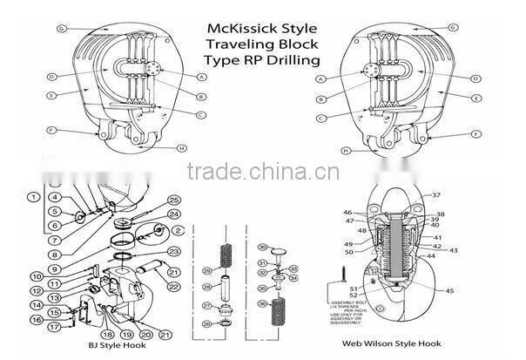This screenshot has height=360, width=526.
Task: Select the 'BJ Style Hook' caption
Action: click(x=103, y=346)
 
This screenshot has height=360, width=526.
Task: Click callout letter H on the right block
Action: click(x=347, y=149)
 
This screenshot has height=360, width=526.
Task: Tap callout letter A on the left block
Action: click(x=202, y=77)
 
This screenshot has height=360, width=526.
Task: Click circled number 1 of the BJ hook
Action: click(x=32, y=198)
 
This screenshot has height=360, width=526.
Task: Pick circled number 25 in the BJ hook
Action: click(x=173, y=200)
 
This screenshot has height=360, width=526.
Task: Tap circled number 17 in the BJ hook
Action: click(x=54, y=328)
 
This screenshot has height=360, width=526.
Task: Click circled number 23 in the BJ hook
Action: click(x=173, y=251)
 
